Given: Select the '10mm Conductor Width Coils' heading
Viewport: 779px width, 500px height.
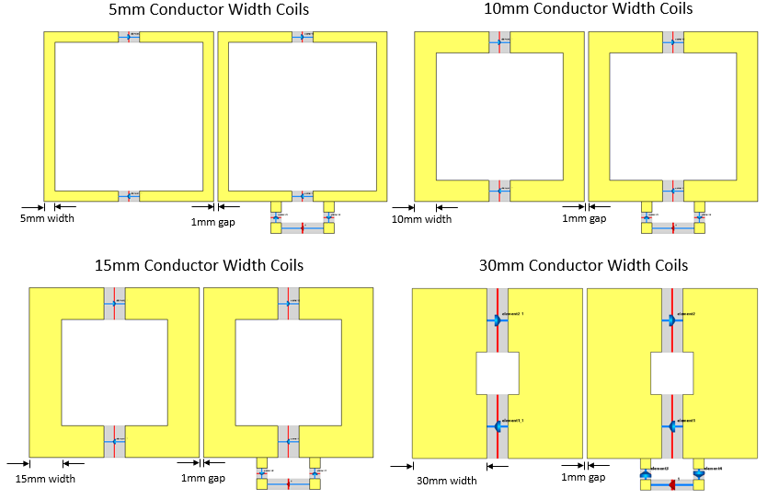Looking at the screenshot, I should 589,9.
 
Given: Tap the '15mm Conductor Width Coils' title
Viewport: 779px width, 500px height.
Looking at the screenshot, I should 199,266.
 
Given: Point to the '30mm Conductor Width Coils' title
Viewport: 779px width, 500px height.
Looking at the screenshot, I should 583,266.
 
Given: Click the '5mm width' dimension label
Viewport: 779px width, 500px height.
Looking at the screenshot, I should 47,219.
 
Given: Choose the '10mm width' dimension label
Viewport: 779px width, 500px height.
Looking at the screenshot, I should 421,219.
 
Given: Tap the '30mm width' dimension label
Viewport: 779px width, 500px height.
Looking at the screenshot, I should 446,480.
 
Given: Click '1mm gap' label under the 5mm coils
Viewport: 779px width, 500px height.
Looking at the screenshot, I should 212,222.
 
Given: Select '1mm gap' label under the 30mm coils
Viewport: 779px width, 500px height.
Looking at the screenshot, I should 584,478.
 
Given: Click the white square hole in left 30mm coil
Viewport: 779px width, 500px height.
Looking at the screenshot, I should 498,373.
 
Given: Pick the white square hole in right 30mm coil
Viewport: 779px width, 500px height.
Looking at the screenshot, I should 671,373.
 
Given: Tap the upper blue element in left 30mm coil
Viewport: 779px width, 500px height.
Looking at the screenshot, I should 497,320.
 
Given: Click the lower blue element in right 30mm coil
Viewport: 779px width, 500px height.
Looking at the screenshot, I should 671,426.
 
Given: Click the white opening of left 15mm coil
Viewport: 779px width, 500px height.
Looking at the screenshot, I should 114,372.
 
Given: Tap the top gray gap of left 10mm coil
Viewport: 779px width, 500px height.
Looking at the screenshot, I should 498,41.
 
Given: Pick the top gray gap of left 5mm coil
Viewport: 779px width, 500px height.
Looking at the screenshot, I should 129,37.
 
